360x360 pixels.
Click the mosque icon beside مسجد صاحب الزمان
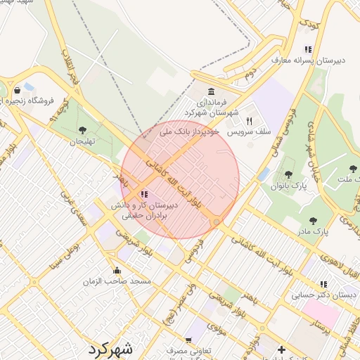(117, 271)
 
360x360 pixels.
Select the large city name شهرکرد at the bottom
(110, 348)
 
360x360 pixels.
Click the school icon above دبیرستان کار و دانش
(144, 194)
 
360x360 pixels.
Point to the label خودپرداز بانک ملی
(191, 131)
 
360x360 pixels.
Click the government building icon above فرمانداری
(212, 91)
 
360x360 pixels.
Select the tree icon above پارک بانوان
(288, 174)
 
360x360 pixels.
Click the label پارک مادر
(313, 230)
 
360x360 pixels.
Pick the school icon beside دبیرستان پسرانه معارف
(307, 49)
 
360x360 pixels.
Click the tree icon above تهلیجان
(83, 129)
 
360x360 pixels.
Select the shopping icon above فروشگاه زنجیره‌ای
(17, 90)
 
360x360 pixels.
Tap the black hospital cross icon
(281, 349)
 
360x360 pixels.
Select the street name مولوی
(216, 326)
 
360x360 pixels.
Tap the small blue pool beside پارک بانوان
(264, 174)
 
